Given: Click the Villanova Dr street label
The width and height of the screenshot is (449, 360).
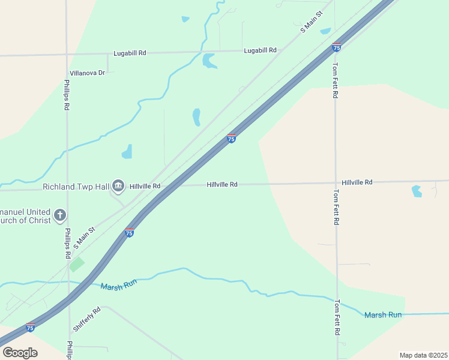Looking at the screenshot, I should (87, 73).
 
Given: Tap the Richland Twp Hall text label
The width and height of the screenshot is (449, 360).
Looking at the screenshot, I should (76, 187).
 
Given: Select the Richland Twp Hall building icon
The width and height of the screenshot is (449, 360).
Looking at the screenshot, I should (118, 187).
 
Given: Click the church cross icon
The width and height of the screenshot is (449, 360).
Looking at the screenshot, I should (59, 215).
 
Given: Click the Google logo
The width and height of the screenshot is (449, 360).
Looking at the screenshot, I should (20, 352).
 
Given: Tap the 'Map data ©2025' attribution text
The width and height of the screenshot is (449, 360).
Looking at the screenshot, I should (423, 355).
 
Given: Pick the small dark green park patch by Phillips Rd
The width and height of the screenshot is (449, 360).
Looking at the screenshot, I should (76, 264).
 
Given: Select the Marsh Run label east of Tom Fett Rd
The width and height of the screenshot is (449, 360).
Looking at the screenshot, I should (383, 315).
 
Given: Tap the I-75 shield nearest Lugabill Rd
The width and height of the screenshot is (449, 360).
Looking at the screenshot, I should (336, 47).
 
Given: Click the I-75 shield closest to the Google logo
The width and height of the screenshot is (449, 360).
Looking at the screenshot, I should (30, 328).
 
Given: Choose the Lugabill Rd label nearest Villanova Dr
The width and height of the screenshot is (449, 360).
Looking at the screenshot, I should (130, 53).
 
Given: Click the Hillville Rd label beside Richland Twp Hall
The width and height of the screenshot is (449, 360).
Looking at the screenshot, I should (145, 186).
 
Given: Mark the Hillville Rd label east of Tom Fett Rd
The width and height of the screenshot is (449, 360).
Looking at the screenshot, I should (357, 182).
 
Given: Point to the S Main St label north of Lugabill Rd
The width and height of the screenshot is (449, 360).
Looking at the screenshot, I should (312, 22).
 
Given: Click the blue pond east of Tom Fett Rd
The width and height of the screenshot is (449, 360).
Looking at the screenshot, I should (417, 191).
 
